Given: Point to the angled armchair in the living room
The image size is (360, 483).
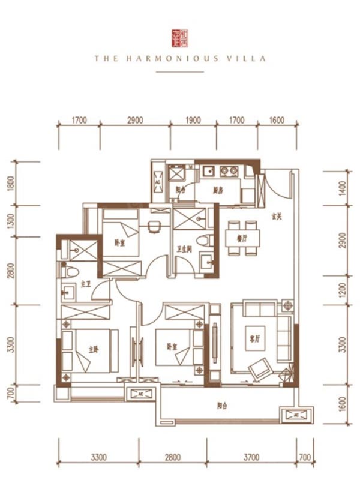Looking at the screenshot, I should click(x=260, y=368).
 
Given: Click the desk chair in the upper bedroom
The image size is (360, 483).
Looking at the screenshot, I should click(x=152, y=227).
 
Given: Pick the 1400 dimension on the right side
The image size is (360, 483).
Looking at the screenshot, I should click(x=343, y=191).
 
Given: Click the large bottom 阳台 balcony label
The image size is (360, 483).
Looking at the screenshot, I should click(x=221, y=406).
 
